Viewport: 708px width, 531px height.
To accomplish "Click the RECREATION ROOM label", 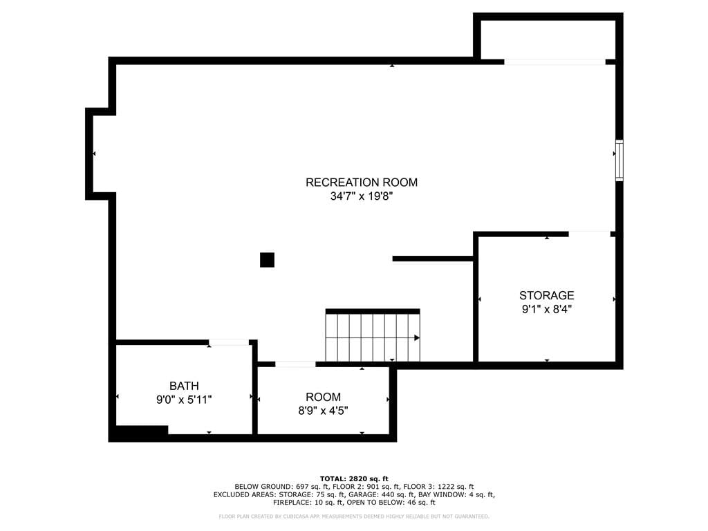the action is (x=361, y=182).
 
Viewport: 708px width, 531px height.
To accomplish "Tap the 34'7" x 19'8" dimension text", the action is (x=361, y=196).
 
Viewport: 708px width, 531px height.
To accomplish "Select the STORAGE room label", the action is (x=546, y=295).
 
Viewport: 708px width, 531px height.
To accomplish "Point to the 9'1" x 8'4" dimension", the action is (x=546, y=309).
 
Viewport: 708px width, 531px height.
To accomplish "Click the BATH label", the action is (x=184, y=386).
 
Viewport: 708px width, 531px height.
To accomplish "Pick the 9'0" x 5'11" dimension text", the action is (x=184, y=400).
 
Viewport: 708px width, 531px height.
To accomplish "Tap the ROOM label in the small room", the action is (x=323, y=397).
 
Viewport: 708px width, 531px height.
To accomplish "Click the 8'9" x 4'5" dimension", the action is (x=323, y=411).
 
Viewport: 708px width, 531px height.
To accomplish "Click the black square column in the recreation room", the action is (x=267, y=260).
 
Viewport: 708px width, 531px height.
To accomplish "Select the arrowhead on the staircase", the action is (x=417, y=337).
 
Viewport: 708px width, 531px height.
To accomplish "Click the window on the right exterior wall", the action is (x=619, y=160).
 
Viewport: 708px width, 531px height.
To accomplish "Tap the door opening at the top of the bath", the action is (x=229, y=342).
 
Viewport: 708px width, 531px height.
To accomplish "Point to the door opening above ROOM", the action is (x=295, y=364).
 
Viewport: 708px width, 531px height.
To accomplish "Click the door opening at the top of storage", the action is (x=589, y=234).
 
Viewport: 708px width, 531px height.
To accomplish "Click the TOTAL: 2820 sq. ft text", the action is (x=354, y=478).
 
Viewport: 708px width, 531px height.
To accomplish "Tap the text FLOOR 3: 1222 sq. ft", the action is (x=438, y=487).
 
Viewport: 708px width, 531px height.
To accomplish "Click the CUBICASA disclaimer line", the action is (x=354, y=516).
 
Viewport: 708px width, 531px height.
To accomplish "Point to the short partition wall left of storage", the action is (x=433, y=259).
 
